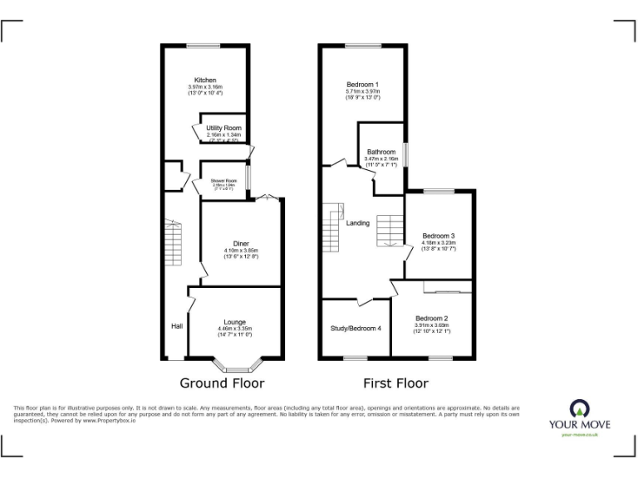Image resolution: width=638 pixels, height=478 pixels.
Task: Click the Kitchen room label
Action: [205, 80]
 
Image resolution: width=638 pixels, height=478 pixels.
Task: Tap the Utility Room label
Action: [223, 127]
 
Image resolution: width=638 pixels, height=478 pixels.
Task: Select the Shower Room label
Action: [223, 181]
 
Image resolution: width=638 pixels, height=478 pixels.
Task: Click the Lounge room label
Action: [234, 322]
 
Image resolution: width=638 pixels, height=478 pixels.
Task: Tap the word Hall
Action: [177, 326]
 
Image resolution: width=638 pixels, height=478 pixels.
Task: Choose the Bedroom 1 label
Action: [362, 85]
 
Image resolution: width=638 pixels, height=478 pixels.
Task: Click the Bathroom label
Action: [381, 152]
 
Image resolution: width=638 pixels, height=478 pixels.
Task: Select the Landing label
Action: [358, 223]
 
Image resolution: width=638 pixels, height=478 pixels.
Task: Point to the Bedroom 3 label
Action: [438, 236]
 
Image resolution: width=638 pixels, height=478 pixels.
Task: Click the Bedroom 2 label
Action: [432, 319]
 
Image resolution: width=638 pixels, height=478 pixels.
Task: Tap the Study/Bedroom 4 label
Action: [356, 329]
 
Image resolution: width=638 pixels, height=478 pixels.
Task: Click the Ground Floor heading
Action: [222, 383]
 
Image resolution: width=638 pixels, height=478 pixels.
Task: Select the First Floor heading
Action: [395, 383]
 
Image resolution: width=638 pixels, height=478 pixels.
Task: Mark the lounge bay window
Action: [238, 366]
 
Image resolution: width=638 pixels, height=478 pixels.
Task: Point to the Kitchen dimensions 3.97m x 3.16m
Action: [205, 87]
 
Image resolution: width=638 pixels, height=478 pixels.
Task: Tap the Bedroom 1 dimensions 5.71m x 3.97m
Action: [363, 91]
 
